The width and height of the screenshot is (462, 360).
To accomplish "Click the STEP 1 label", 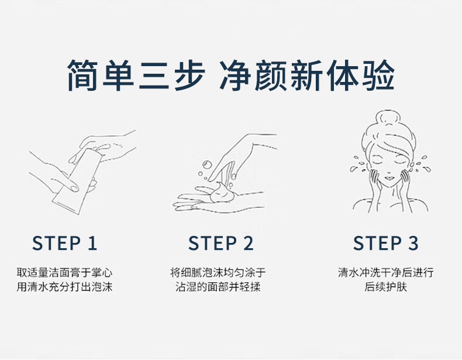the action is click(64, 244).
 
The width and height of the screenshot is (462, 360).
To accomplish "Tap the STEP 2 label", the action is click(221, 244).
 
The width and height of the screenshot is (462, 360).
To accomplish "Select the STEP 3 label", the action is click(386, 244).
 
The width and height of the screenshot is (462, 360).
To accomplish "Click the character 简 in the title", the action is click(82, 75).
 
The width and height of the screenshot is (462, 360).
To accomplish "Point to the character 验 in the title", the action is click(378, 75).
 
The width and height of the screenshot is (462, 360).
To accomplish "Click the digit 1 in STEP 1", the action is click(93, 244).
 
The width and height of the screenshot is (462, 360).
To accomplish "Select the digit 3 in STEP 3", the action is click(413, 244).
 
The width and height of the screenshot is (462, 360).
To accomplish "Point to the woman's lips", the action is click(389, 178).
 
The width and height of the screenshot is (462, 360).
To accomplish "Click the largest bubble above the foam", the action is click(207, 165).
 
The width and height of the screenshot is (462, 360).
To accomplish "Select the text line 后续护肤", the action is click(386, 287).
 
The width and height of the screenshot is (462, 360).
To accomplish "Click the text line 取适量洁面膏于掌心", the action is click(64, 272).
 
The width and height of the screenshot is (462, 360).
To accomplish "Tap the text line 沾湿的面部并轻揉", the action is click(218, 287).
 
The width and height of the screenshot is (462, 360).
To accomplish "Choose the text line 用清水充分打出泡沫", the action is click(64, 287).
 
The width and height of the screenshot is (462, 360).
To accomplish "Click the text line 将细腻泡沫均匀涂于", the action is click(218, 272).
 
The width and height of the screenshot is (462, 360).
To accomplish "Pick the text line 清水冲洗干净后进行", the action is click(386, 272).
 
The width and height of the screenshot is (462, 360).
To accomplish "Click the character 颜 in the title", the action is click(271, 75).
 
